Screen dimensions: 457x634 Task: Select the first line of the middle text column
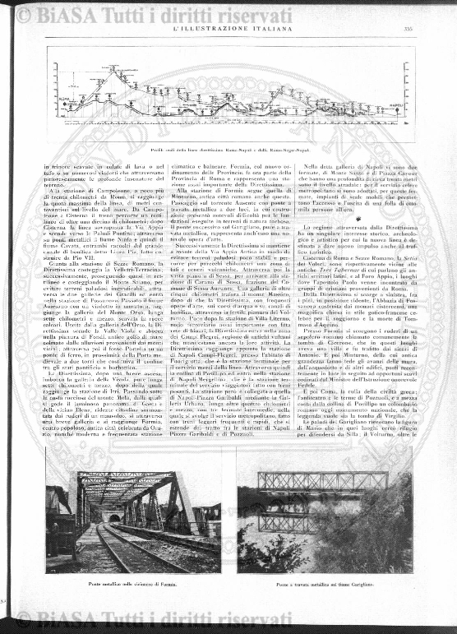tap(229, 167)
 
